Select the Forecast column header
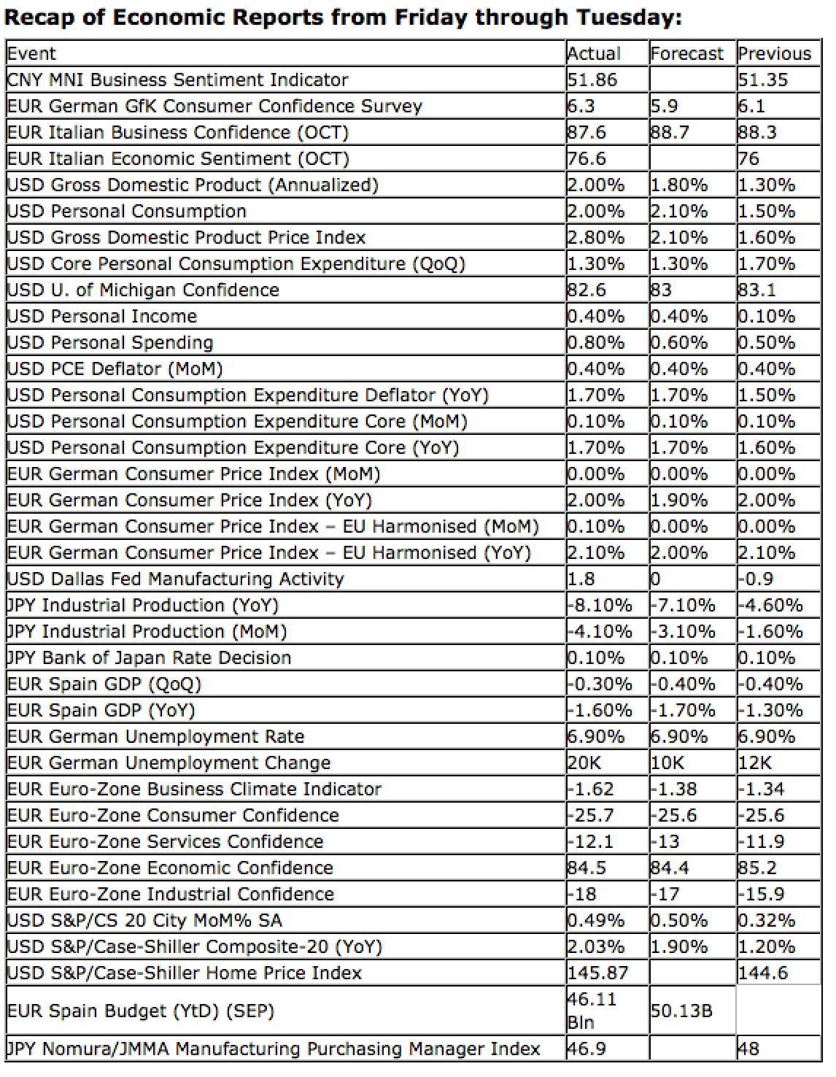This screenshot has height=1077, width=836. coord(686,54)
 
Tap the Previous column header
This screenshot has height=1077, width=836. coord(774,54)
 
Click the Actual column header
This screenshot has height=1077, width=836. coord(593,54)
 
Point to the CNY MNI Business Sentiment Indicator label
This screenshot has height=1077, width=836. coord(177,80)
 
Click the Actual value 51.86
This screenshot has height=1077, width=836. coord(592,80)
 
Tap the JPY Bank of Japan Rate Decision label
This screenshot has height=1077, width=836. coord(149,657)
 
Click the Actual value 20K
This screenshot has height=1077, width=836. coord(584,763)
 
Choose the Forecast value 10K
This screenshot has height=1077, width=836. coord(667,763)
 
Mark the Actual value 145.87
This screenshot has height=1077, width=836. coord(597,973)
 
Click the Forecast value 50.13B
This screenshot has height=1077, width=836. coord(681,1011)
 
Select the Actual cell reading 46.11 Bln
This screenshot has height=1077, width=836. coord(592,1011)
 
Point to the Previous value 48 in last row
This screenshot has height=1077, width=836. coord(748,1049)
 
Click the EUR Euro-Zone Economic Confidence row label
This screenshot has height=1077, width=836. coord(169,868)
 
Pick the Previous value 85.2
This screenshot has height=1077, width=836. coord(756,868)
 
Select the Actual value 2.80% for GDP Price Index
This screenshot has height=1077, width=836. coord(596,237)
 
